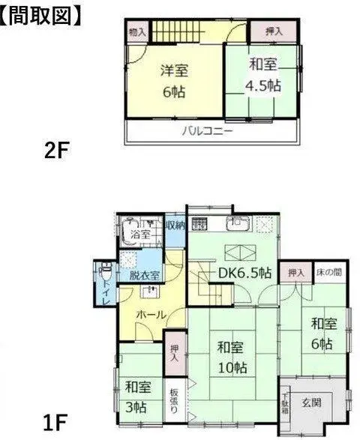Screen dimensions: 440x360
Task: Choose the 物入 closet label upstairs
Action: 136,32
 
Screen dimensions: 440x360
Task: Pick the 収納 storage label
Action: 175,225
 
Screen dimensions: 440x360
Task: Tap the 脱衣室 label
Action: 143,274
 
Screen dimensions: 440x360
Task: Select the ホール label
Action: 151,316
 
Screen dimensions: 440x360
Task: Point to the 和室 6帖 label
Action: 323,334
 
